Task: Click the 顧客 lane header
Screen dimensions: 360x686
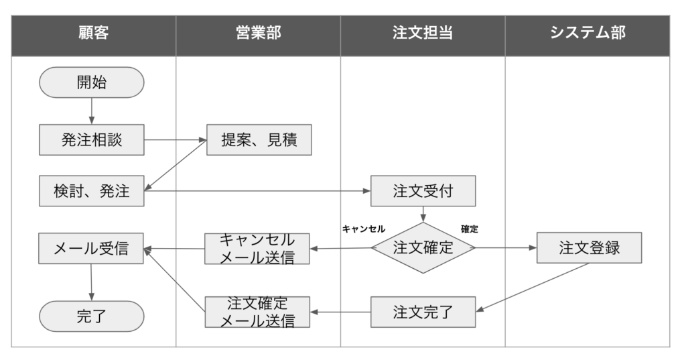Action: (93, 32)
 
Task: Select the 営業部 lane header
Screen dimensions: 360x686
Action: (258, 32)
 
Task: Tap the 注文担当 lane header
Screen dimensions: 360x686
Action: (423, 32)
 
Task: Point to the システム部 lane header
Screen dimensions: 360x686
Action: (588, 32)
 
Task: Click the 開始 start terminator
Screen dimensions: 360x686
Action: (92, 82)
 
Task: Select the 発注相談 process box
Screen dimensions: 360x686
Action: (92, 140)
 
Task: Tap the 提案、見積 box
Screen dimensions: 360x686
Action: (259, 140)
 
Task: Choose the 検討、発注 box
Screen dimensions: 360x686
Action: (92, 192)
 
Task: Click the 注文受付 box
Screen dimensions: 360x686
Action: (423, 191)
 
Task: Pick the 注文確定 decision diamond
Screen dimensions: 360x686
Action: (423, 247)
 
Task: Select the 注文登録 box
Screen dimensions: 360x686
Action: (590, 247)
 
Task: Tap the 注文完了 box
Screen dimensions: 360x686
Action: (423, 312)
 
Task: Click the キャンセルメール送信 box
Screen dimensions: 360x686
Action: (258, 249)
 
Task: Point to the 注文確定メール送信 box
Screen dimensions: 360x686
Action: (258, 312)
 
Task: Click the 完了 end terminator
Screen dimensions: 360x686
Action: (92, 316)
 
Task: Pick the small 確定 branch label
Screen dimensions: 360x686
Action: (470, 229)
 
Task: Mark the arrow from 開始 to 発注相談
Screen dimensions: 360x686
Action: (92, 111)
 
